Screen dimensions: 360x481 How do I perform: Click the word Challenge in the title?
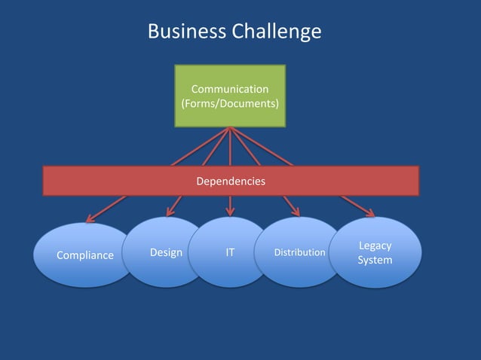click(x=276, y=32)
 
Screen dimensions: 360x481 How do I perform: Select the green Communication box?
click(x=230, y=96)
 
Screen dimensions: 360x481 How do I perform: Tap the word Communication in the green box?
click(x=230, y=90)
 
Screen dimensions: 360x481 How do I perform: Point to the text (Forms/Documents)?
click(x=230, y=102)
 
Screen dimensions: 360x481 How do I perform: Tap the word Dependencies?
click(x=230, y=182)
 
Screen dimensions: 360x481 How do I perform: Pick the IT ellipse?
click(x=230, y=252)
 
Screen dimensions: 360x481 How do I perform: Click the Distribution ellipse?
click(x=299, y=252)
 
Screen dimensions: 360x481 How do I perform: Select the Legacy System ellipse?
click(x=375, y=252)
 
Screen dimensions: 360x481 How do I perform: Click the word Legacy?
click(x=375, y=246)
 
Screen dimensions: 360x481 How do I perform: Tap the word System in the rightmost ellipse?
click(x=375, y=260)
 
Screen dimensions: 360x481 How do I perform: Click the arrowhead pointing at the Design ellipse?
click(x=170, y=212)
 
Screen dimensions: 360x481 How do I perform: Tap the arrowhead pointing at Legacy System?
click(x=369, y=213)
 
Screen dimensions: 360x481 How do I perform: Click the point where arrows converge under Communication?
click(x=230, y=130)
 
